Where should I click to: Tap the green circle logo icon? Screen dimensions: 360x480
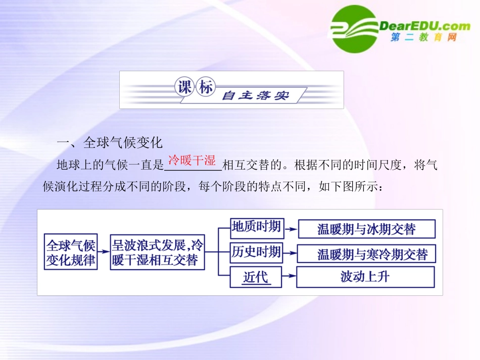(354, 29)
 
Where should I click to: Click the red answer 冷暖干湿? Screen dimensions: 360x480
(192, 161)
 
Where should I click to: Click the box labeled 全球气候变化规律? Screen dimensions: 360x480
(71, 251)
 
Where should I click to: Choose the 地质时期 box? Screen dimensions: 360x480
(256, 227)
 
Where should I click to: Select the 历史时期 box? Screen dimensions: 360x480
(256, 251)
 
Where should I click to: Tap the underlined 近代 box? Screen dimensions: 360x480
(256, 277)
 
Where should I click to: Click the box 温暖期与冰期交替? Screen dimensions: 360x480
(366, 229)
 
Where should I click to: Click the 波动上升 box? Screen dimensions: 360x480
(365, 277)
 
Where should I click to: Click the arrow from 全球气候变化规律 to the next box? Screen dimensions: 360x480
(104, 251)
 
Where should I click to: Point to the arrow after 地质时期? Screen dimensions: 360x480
(290, 229)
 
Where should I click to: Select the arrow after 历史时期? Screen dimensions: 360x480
(290, 252)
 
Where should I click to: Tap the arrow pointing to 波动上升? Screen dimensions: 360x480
(289, 277)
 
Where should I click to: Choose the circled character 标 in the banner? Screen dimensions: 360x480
(205, 88)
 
